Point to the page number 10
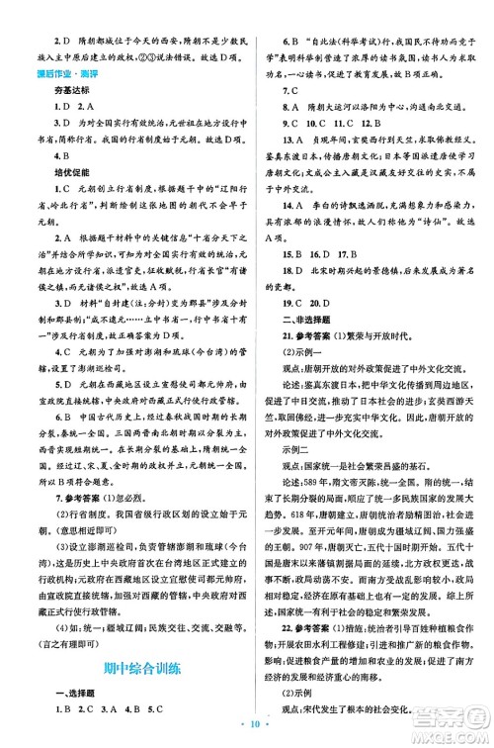click(246, 723)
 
